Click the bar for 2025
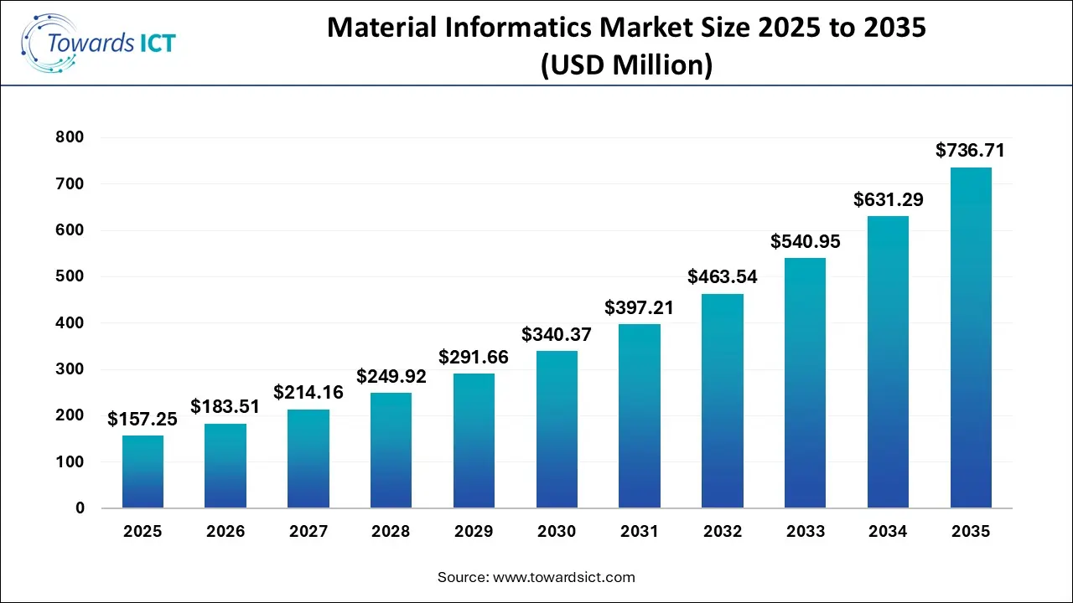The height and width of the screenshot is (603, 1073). coord(143,472)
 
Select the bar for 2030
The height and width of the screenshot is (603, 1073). coord(557,429)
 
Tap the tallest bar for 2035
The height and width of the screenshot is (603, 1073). coord(971,338)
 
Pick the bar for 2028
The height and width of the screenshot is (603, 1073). coord(391,450)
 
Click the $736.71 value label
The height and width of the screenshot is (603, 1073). coord(970,151)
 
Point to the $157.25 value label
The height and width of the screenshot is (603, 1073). coord(142,419)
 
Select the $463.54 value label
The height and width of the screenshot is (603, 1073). coord(722,277)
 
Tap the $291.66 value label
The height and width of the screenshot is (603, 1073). coord(474,357)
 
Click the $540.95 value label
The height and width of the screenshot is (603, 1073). coord(805,241)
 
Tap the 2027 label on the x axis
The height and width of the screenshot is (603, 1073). coord(308,532)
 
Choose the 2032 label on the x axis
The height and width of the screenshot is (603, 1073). coord(722,532)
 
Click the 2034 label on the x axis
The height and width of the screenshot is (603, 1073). coord(888,532)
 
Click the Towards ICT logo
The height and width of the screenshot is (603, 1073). coord(99,43)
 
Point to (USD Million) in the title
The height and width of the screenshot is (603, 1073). coord(626,64)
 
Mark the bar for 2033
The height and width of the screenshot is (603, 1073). coord(805,383)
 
